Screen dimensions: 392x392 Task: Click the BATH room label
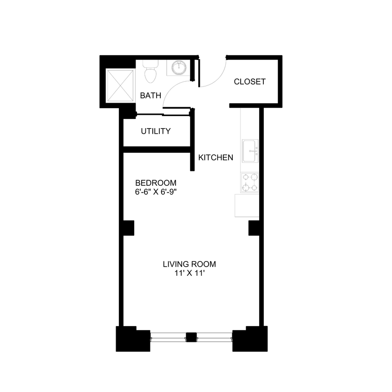click(x=150, y=96)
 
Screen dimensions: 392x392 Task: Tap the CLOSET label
click(x=249, y=82)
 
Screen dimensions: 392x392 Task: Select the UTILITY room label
click(x=156, y=131)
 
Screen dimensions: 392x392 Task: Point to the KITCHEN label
click(x=216, y=158)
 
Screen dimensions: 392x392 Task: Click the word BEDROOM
click(x=156, y=183)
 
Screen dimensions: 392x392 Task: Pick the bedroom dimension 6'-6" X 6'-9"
click(x=156, y=191)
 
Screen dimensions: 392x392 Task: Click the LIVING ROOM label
click(x=189, y=264)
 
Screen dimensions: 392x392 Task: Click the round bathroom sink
click(x=178, y=68)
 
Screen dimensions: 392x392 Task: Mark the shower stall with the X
click(x=119, y=85)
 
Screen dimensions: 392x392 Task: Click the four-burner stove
click(x=250, y=183)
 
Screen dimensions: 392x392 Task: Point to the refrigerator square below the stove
click(x=247, y=205)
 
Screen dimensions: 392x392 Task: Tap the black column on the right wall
click(x=254, y=228)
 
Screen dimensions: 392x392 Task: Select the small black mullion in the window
click(x=191, y=337)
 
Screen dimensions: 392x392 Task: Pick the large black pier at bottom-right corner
click(x=250, y=339)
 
